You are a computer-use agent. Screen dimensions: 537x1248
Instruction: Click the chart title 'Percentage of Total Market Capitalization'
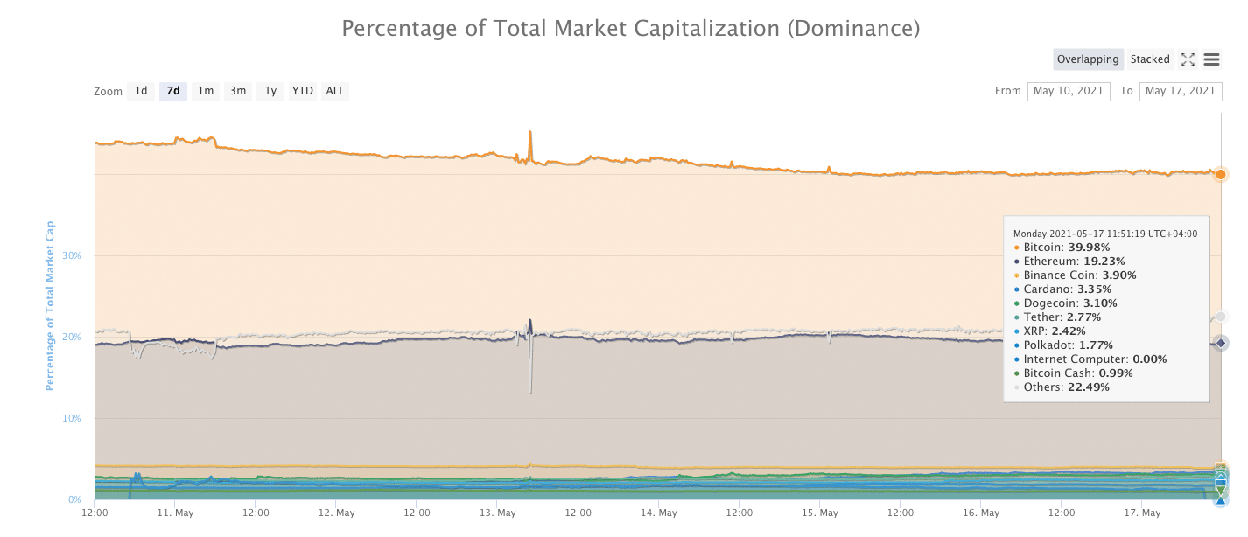pyautogui.click(x=630, y=29)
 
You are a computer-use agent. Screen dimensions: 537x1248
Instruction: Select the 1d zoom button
pyautogui.click(x=141, y=91)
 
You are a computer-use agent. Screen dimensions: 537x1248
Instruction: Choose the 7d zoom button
pyautogui.click(x=173, y=91)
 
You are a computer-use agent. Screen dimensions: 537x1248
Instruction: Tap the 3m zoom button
pyautogui.click(x=238, y=91)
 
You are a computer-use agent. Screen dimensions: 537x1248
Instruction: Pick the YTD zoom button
pyautogui.click(x=303, y=91)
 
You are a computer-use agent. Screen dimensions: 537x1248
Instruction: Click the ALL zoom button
pyautogui.click(x=335, y=91)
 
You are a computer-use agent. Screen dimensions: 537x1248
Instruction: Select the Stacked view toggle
pyautogui.click(x=1150, y=59)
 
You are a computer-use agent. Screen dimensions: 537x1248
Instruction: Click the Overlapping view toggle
pyautogui.click(x=1088, y=59)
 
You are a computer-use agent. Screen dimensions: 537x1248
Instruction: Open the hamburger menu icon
pyautogui.click(x=1212, y=59)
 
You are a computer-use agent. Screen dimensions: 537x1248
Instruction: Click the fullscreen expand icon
pyautogui.click(x=1188, y=59)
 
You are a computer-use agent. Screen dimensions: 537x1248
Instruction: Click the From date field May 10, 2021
pyautogui.click(x=1069, y=91)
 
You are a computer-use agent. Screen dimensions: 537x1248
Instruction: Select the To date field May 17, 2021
pyautogui.click(x=1181, y=91)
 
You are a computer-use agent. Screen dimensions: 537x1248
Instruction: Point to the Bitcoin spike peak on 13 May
pyautogui.click(x=529, y=133)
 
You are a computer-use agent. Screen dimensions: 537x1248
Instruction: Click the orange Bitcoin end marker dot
pyautogui.click(x=1221, y=174)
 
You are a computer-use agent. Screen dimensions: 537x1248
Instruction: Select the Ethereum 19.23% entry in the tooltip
pyautogui.click(x=1074, y=262)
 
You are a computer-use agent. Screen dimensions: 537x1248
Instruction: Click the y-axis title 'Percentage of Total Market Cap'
pyautogui.click(x=50, y=305)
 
